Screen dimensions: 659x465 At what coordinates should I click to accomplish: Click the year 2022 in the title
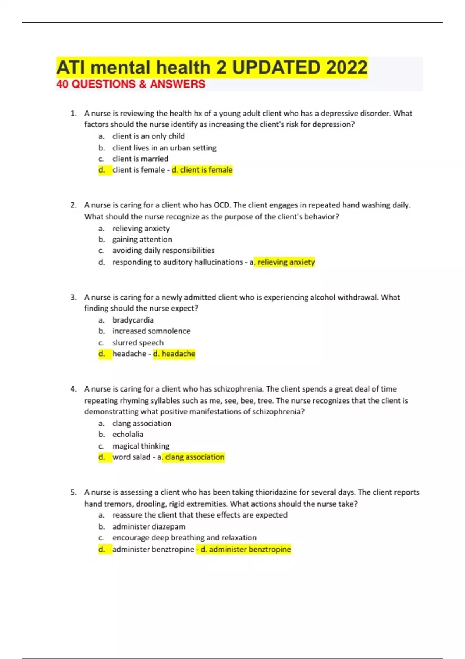coord(346,67)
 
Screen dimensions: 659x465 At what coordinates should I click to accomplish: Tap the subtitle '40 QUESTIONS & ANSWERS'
coord(131,84)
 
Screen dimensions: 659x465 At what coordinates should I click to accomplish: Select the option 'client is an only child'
coord(148,136)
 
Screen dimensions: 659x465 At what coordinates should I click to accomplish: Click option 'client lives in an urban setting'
coord(164,148)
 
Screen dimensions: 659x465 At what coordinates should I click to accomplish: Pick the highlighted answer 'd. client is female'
coord(202,170)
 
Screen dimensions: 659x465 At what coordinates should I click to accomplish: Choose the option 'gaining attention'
coord(142,240)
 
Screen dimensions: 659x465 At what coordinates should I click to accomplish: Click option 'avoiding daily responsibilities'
coord(163,250)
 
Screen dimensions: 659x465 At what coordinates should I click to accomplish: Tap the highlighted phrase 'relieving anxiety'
coord(286,262)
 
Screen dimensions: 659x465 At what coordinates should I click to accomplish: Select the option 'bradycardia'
coord(133,320)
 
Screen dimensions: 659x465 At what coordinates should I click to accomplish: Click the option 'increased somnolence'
coord(151,331)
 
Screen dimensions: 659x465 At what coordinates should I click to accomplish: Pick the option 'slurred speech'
coord(138,343)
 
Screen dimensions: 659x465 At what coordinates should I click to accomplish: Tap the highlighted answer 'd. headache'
coord(174,354)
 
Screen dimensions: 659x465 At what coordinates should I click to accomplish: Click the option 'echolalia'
coord(128,434)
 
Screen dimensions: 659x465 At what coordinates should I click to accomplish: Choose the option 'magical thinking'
coord(141,446)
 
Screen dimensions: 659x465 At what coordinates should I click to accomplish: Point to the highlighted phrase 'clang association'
coord(195,457)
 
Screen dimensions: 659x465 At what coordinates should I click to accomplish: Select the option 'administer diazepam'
coord(149,526)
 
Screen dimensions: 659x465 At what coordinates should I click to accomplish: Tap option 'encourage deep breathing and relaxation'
coord(184,538)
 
